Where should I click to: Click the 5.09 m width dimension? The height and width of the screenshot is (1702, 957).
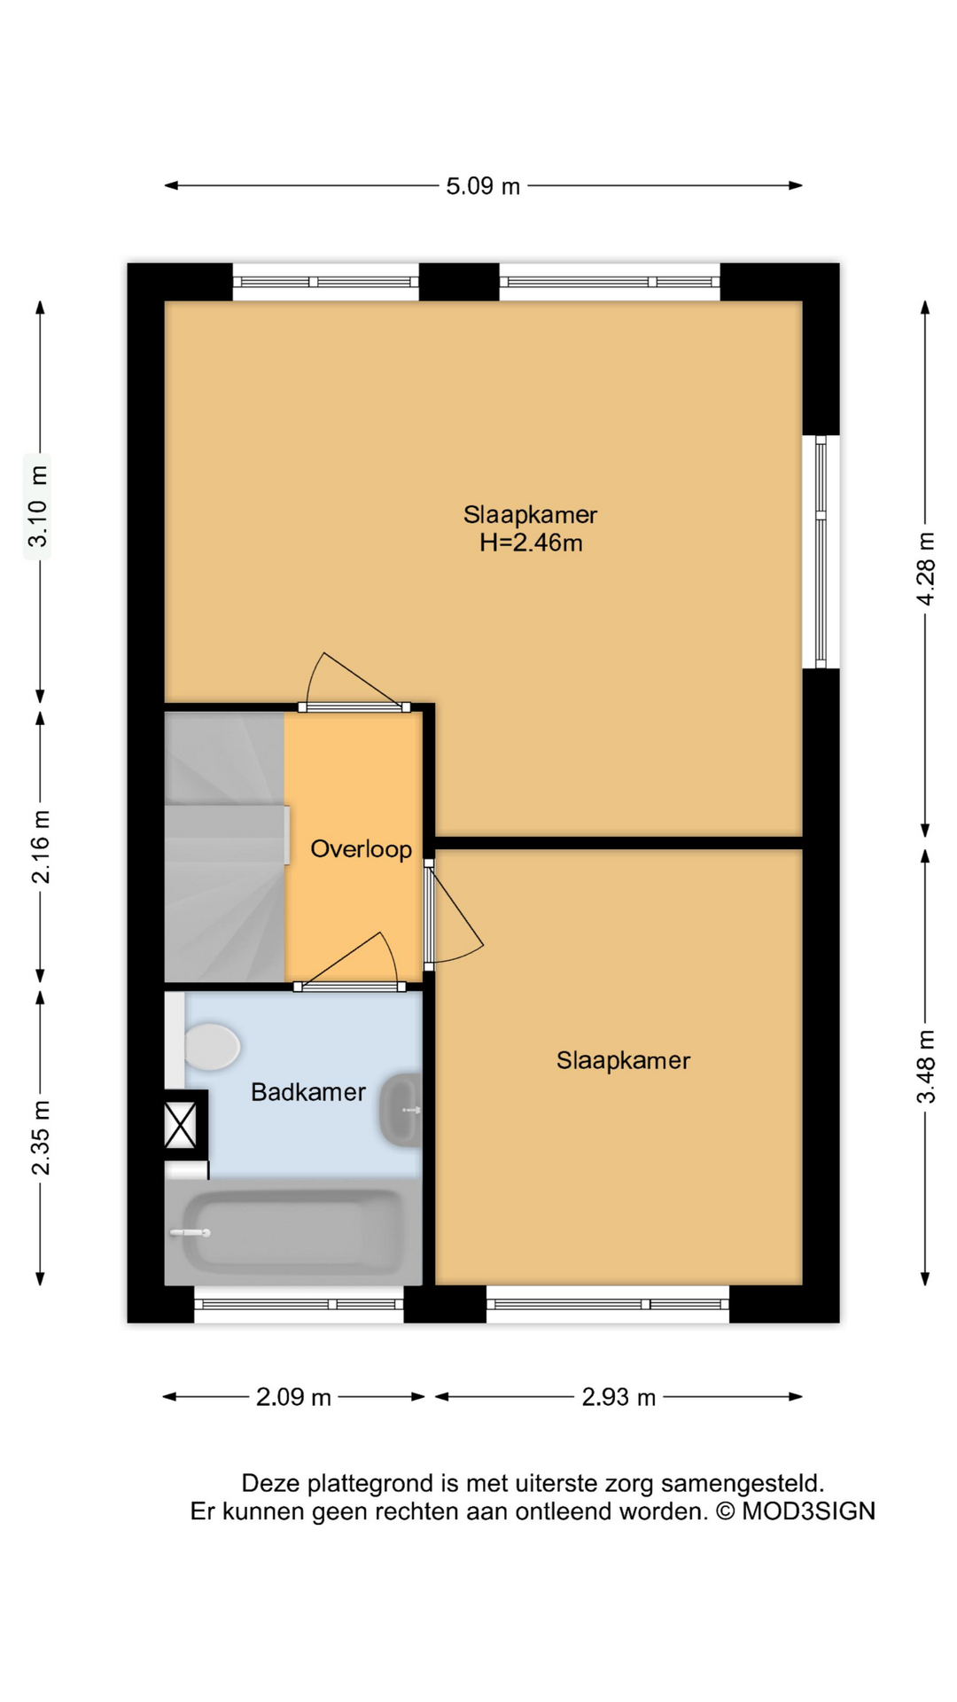(x=483, y=186)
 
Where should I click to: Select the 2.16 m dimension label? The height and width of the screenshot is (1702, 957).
(x=41, y=847)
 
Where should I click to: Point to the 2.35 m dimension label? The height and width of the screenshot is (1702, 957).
(x=41, y=1137)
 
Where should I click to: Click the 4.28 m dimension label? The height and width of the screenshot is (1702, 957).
(x=925, y=569)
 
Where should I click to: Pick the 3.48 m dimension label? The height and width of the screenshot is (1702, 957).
(x=925, y=1066)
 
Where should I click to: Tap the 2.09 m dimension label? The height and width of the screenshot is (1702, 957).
(x=293, y=1397)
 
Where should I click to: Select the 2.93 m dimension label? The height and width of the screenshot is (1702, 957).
(x=619, y=1397)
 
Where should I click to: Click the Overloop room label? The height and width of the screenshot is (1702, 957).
(x=361, y=849)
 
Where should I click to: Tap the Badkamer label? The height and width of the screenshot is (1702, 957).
(x=308, y=1091)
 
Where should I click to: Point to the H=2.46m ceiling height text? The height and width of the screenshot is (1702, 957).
(x=531, y=543)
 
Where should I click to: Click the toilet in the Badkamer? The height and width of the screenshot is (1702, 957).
(x=211, y=1046)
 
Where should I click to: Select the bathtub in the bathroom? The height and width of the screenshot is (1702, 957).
(x=293, y=1232)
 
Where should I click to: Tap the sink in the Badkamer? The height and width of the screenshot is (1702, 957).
(x=401, y=1109)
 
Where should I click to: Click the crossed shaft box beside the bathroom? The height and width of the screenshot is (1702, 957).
(x=181, y=1124)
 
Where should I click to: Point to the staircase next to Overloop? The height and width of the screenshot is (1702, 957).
(x=225, y=847)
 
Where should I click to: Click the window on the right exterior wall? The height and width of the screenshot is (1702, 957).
(x=821, y=550)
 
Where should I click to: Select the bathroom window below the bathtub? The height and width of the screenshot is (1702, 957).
(x=299, y=1304)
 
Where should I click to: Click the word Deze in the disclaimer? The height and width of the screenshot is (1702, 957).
(x=271, y=1483)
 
